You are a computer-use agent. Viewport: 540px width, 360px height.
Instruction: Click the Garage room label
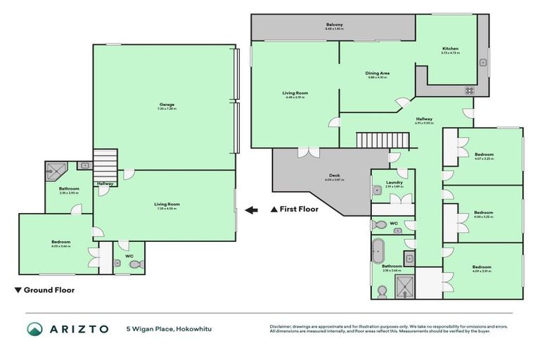(167, 105)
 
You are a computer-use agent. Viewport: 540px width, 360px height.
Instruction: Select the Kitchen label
(450, 49)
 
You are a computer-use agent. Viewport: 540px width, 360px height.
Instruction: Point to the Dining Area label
(378, 73)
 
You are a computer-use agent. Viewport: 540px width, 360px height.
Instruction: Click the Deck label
(334, 176)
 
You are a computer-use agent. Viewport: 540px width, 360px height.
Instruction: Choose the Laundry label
(393, 183)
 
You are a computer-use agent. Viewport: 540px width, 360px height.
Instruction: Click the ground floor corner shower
(54, 169)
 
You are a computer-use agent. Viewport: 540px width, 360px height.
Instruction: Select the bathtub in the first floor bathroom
(379, 250)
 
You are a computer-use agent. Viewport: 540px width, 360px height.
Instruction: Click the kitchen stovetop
(469, 90)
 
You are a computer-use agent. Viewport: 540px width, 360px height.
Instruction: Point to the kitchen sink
(483, 63)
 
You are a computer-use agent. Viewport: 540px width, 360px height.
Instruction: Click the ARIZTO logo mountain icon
(35, 329)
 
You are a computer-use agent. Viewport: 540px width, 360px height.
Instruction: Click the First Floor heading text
(295, 209)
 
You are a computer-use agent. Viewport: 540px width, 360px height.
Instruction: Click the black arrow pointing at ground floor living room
(252, 209)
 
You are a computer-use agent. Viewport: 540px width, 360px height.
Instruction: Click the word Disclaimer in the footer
(282, 326)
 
